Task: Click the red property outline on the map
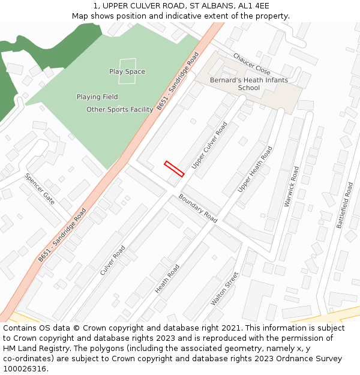pos(174,169)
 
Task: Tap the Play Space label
pos(127,72)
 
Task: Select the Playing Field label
pos(97,97)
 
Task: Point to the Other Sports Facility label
pos(119,109)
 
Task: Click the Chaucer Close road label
pos(251,63)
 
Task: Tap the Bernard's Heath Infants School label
pos(248,84)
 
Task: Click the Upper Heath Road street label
pos(255,169)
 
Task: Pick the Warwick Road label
pos(292,187)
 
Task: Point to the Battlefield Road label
pos(346,205)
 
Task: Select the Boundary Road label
pos(198,208)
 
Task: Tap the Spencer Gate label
pos(40,189)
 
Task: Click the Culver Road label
pos(113,260)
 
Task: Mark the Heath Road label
pos(167,279)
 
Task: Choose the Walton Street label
pos(224,289)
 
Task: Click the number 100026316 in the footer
pos(25,368)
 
